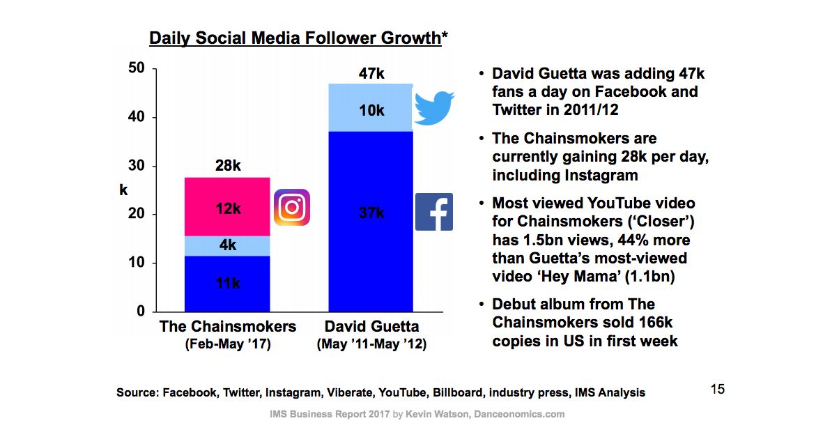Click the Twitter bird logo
433,107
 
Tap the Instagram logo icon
291,207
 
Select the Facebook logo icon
434,212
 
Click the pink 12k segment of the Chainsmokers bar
226,207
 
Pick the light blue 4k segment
226,246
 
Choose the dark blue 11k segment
226,284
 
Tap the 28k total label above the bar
227,166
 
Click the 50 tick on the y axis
137,68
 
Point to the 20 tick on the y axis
137,215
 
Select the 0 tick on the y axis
141,312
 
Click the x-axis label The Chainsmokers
228,326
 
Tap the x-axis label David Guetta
371,326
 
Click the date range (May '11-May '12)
371,344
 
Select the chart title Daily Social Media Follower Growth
295,38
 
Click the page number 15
718,389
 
